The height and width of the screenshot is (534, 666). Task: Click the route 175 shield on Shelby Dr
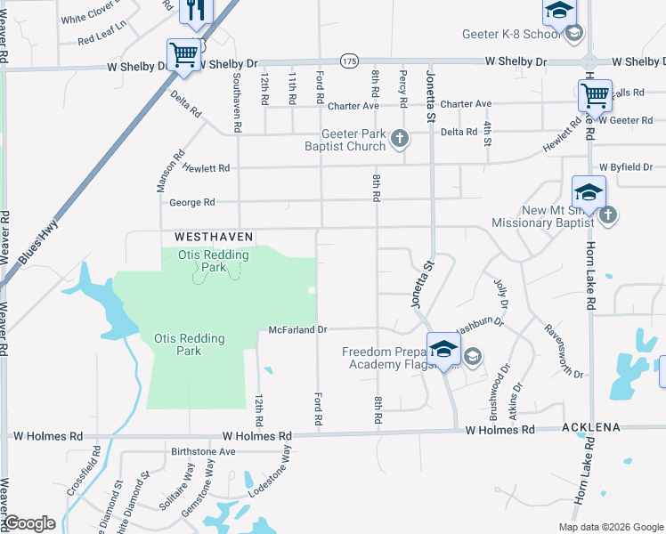(348, 60)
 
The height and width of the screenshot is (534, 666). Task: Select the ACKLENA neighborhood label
(591, 428)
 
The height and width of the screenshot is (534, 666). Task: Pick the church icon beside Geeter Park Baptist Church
(400, 138)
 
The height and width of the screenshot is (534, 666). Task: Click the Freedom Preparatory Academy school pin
(443, 349)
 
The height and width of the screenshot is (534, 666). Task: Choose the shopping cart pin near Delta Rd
(183, 54)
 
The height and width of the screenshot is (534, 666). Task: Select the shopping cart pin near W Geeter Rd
(594, 93)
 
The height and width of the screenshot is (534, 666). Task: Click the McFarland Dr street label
(299, 330)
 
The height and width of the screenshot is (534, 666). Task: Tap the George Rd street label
(192, 203)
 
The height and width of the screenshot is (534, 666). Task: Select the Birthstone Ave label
(203, 451)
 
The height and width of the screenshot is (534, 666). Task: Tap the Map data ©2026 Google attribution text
(610, 527)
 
